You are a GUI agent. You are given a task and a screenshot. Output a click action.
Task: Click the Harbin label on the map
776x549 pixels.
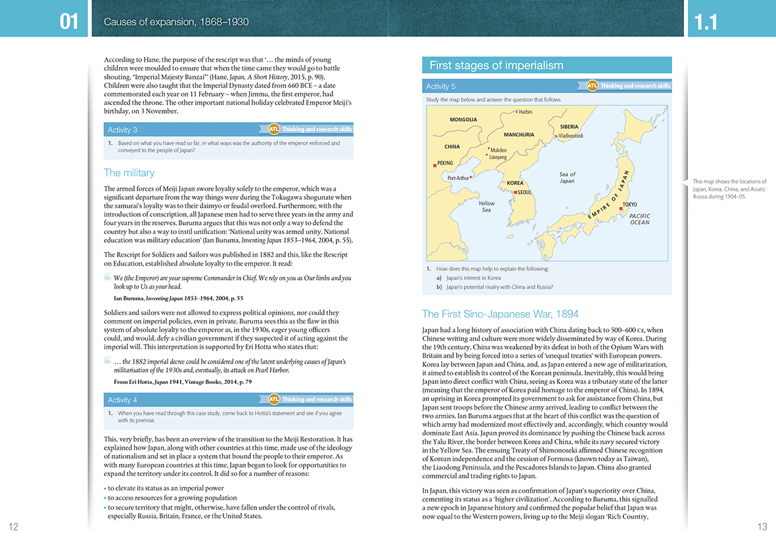[x=525, y=112]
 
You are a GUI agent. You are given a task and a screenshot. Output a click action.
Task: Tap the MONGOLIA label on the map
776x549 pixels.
[x=463, y=120]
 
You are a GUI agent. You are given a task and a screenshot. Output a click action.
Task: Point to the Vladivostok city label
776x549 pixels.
[x=570, y=136]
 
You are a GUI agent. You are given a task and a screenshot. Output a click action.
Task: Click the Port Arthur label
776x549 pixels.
[x=458, y=178]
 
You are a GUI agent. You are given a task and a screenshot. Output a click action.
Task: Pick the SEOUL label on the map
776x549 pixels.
[x=524, y=192]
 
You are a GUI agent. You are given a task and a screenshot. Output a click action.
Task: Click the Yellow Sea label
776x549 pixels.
[x=486, y=206]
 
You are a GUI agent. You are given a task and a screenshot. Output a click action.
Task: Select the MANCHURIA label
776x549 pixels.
[x=518, y=135]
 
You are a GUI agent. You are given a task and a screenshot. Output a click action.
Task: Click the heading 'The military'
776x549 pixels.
[x=129, y=173]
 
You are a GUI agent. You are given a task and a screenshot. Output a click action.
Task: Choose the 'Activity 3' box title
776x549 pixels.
[x=122, y=130]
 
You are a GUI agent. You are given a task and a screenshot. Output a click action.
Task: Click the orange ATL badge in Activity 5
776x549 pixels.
[x=591, y=85]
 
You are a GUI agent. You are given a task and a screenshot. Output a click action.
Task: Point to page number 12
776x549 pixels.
[x=13, y=526]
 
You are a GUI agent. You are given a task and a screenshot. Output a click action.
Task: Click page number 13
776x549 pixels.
[x=762, y=526]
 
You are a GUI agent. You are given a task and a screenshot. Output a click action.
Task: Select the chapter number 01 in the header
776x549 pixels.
[x=69, y=22]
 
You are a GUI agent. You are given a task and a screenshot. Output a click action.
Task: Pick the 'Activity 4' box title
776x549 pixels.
[x=122, y=400]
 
